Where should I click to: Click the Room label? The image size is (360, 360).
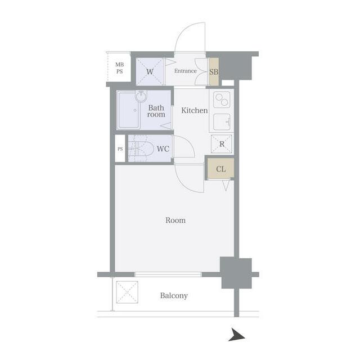click(175, 220)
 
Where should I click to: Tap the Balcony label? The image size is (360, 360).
click(174, 295)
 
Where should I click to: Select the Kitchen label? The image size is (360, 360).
click(195, 110)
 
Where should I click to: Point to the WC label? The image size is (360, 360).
click(163, 148)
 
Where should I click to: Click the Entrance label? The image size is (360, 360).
click(186, 71)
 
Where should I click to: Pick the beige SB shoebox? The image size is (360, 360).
click(214, 71)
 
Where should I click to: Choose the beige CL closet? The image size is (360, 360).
click(221, 168)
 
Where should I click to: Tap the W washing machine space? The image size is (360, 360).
click(150, 71)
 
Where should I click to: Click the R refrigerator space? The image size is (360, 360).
click(222, 144)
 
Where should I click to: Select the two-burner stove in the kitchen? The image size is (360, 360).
click(222, 100)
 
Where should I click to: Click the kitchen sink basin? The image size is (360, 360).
click(222, 122)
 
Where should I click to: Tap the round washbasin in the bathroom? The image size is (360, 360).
click(141, 96)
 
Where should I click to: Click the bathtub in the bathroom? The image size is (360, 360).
click(129, 110)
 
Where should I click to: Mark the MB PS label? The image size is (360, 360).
click(119, 68)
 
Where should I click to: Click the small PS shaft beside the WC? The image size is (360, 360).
click(120, 148)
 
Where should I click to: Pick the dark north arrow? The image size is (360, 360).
click(237, 335)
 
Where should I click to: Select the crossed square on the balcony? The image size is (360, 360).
click(127, 292)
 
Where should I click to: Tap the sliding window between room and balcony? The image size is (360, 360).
click(168, 274)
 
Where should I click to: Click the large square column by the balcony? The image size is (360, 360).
click(236, 273)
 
